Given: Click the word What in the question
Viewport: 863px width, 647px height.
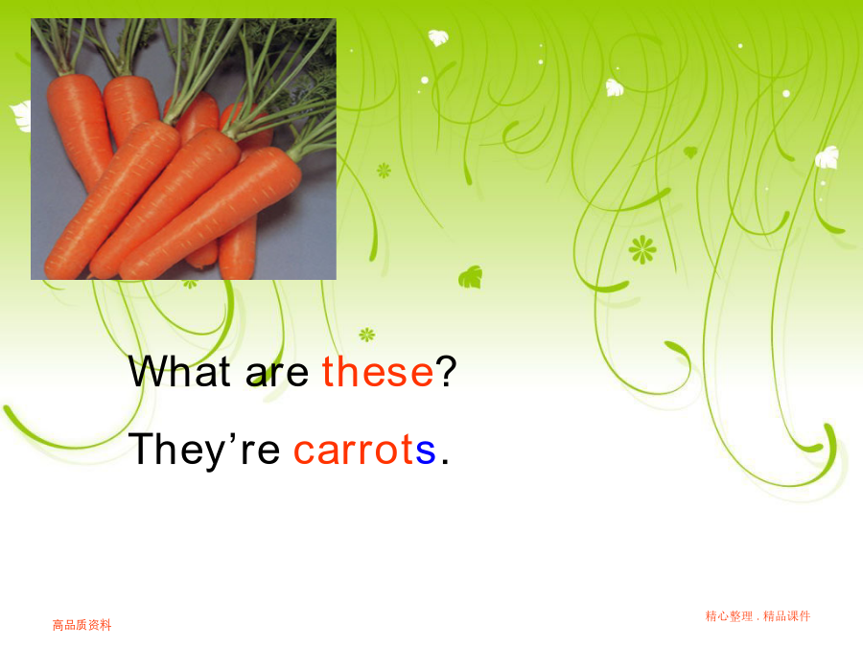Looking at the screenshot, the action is [179, 371].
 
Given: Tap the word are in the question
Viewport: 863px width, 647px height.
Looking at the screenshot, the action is [277, 374].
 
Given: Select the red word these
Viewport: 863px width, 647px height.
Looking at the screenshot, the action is [378, 371].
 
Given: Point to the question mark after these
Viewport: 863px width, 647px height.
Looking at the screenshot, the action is [446, 371].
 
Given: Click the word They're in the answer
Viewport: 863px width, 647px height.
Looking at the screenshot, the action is [204, 451].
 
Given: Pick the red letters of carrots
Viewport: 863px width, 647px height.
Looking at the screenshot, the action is [354, 449].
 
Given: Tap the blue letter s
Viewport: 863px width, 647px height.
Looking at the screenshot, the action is [426, 451].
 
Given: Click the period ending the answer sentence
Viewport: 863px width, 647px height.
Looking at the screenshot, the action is [445, 462].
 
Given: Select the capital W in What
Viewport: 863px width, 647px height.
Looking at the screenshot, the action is [149, 371].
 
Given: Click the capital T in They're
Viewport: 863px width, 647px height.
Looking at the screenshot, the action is [143, 449].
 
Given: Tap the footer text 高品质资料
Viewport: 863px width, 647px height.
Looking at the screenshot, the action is [82, 625].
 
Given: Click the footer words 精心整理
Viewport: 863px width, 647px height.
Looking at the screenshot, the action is [729, 616].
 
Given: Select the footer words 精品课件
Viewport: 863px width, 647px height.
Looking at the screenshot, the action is [787, 616].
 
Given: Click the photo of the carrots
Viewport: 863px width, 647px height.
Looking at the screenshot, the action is [183, 150].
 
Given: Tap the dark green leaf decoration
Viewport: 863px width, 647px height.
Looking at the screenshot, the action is [471, 277].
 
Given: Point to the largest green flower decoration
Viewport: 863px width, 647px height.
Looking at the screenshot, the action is [642, 250].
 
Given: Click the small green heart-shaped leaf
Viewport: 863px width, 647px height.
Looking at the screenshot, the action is [690, 151].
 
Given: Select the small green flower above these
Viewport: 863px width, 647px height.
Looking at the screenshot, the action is [367, 334].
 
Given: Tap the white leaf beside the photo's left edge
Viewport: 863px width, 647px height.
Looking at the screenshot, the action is [21, 116].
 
